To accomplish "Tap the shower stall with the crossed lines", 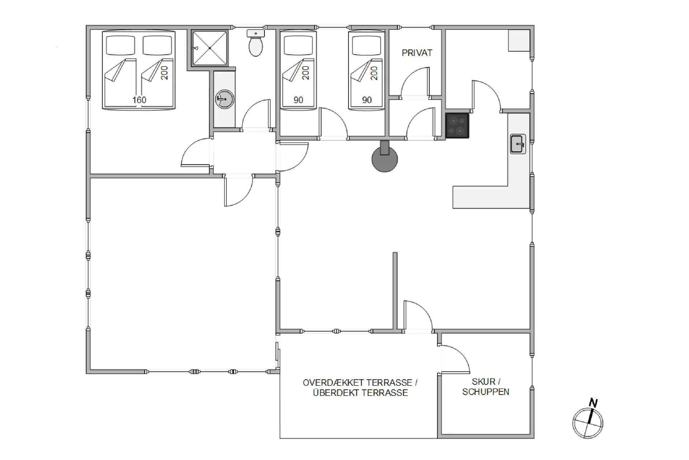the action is [210, 48].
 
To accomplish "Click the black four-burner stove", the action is [457, 125].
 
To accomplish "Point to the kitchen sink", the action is [518, 144].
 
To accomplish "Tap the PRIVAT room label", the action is [417, 53].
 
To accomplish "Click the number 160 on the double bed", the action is [139, 100].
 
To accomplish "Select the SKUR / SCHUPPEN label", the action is [486, 387].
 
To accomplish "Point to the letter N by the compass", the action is [594, 403].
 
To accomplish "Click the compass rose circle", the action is [588, 423].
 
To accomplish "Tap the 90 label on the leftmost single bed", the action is [298, 100].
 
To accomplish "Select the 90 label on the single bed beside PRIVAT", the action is [367, 100].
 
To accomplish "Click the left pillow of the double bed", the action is [120, 45].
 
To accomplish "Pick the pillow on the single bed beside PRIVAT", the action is [366, 45].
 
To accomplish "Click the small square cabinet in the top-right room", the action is [519, 40].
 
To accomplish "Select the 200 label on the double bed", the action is [164, 73].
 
